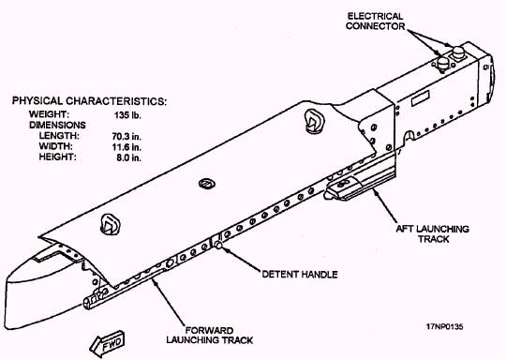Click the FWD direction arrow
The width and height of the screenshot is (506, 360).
[107, 344]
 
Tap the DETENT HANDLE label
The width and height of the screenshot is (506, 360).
[300, 275]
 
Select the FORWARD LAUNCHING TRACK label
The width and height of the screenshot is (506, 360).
[210, 336]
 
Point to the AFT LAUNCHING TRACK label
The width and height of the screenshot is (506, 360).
[432, 234]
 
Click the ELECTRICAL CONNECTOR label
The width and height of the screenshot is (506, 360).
[376, 22]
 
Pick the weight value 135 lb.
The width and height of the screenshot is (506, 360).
[127, 115]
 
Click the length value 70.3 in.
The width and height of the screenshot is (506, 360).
[126, 136]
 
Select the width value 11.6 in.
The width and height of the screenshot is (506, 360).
[126, 147]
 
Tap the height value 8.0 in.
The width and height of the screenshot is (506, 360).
[129, 157]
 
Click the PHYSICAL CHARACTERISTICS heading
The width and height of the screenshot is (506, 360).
[89, 101]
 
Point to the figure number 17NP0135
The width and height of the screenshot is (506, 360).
[445, 327]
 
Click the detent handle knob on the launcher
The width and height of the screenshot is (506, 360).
[218, 245]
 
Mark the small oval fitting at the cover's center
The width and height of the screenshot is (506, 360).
[207, 184]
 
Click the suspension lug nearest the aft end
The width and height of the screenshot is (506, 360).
[314, 121]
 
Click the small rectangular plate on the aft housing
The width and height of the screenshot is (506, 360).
[420, 98]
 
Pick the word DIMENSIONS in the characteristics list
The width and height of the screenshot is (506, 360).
[57, 125]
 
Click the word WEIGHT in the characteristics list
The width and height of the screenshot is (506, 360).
[49, 114]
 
